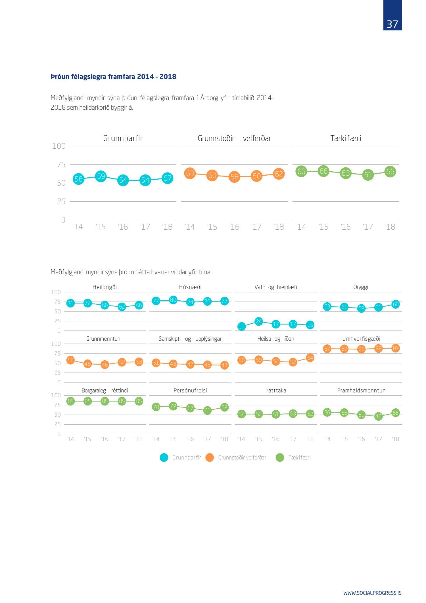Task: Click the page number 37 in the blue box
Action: coord(392,24)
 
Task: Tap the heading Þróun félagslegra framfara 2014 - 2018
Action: coord(113,77)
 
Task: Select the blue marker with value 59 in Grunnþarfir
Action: coord(101,176)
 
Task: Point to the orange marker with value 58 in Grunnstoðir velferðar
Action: coord(234,177)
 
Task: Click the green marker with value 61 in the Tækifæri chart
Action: coord(368,175)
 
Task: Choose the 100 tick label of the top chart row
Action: coord(59,146)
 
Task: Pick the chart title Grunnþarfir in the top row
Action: coord(123,138)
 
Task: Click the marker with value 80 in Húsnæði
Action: coord(173,300)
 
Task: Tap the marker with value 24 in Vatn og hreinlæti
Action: coord(258,321)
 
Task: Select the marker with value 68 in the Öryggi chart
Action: coord(395,304)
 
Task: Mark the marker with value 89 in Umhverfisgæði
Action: coord(395,348)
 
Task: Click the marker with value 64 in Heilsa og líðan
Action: coord(310,358)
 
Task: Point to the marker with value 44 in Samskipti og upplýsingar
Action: coord(224,365)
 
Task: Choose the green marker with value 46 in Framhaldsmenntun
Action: coord(378,417)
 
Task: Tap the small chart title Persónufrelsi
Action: coord(190,390)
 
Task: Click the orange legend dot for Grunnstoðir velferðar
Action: coord(210,458)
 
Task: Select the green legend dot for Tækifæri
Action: coord(280,458)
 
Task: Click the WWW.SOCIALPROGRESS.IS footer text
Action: coord(372,593)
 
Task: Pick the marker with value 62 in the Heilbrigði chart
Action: coord(122,307)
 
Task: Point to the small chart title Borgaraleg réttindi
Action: coord(105,390)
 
